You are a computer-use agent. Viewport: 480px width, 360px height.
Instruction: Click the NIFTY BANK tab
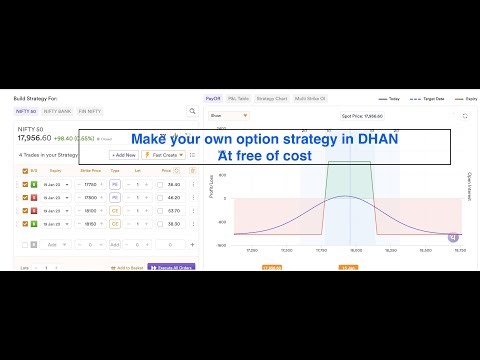click(58, 110)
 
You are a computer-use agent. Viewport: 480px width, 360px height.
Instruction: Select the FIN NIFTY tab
click(91, 110)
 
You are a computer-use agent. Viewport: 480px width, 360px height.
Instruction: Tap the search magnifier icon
click(193, 111)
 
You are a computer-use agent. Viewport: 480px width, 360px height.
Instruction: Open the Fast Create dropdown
click(161, 155)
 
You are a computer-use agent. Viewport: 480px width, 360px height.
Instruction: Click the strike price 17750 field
click(90, 184)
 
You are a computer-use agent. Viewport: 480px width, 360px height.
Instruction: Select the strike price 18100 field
click(90, 211)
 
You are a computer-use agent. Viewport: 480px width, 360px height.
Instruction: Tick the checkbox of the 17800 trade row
click(25, 197)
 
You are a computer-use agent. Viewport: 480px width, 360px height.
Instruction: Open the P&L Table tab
click(237, 99)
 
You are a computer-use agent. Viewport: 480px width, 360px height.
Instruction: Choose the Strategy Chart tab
click(271, 99)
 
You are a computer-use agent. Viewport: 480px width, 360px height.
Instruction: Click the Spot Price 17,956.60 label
click(359, 116)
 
